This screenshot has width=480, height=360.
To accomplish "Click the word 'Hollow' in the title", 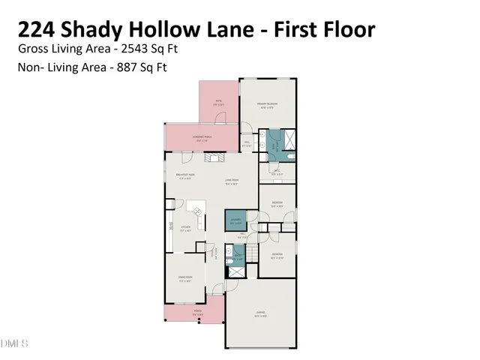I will pyautogui.click(x=187, y=30).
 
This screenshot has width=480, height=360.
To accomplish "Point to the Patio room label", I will pyautogui.click(x=219, y=102).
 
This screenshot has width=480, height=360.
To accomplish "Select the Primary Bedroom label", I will pyautogui.click(x=268, y=106).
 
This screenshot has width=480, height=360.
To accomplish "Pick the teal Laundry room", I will pyautogui.click(x=235, y=220).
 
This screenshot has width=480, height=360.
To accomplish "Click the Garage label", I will pyautogui.click(x=261, y=313).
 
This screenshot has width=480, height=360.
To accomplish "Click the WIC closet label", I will pyautogui.click(x=277, y=172).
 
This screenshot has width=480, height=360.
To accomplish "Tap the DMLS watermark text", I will pyautogui.click(x=14, y=343).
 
